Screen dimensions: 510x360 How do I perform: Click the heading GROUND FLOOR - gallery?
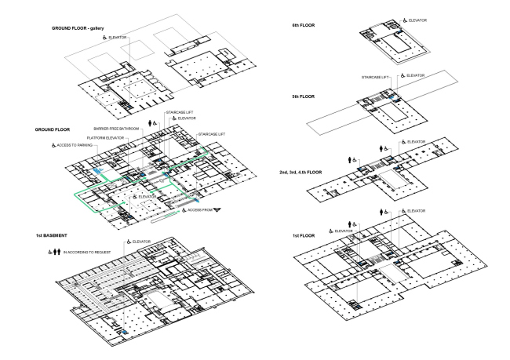pos(78,28)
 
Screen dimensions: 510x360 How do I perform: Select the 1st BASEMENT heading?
pos(51,235)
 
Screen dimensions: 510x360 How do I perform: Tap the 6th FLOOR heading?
pos(304,25)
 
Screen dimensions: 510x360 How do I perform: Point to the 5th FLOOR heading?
pos(304,96)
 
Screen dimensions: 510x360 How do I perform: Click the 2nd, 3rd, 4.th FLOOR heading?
pos(301,173)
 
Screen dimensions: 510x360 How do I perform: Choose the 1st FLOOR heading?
pos(304,235)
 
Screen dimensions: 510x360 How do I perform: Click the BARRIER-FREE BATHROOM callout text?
pos(116,129)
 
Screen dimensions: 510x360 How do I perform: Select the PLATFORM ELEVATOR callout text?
pos(105,138)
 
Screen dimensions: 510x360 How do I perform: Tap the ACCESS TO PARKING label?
pos(75,145)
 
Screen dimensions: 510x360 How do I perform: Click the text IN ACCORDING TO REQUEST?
pos(87,252)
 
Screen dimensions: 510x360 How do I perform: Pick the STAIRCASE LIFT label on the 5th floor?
pos(375,78)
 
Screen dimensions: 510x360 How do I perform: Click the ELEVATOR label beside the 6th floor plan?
pos(417,20)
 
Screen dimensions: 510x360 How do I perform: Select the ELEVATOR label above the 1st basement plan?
pos(141,242)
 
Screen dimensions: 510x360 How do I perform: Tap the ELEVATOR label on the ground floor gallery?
pos(118,38)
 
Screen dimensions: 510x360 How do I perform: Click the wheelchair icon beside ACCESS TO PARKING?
pos(53,145)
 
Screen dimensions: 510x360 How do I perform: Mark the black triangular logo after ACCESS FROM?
pos(217,209)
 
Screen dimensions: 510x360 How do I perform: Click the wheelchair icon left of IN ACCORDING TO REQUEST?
pos(50,252)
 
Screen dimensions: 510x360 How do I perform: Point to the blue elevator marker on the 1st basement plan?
pos(124,332)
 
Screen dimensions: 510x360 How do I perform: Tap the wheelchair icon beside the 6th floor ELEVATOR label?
pos(405,20)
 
